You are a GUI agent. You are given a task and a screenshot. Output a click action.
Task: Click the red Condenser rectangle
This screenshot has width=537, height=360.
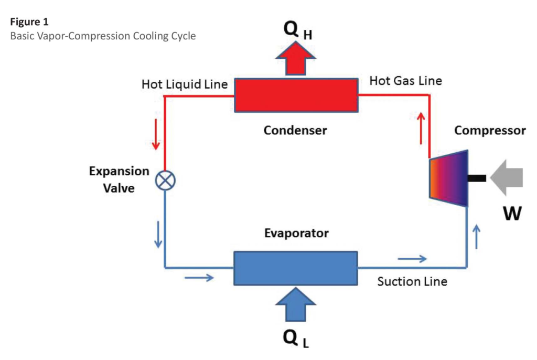point(296,95)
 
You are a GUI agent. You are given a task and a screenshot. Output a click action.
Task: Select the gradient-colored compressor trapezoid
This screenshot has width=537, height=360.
point(448,178)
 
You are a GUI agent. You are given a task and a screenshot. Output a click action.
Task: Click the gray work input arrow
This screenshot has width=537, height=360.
point(507,178)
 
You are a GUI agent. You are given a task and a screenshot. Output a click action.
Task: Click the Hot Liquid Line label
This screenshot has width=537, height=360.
point(185,84)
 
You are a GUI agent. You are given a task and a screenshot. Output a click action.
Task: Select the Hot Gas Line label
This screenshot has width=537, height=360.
point(405,81)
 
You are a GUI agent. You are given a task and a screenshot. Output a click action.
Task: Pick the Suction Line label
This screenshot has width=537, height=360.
point(412,282)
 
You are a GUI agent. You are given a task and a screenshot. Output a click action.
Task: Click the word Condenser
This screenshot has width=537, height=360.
point(295,130)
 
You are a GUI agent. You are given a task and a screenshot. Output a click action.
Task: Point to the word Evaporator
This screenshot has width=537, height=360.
point(296,233)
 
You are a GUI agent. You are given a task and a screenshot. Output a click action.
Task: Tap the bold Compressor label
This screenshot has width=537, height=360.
point(490,130)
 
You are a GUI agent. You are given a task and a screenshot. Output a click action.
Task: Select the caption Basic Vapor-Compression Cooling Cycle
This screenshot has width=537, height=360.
point(103,37)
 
